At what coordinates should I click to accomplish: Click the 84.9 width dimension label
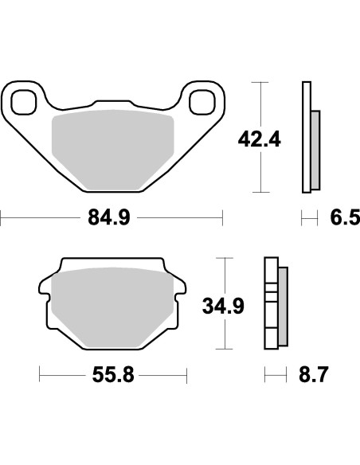pos(112,217)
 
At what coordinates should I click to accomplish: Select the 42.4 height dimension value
pos(259,140)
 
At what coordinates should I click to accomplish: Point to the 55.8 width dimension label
pos(113,373)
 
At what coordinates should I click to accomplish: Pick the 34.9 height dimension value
pos(222,304)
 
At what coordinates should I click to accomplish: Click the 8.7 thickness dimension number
pos(311,373)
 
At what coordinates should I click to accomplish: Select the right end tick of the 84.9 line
pos(223,217)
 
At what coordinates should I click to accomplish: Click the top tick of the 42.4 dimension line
pos(259,82)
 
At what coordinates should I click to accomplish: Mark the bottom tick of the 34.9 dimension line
pos(222,348)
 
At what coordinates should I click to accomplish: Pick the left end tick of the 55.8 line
pos(40,373)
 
